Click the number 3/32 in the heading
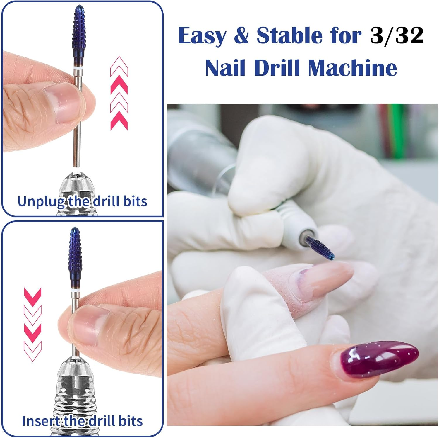click(396, 36)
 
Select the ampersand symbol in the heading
click(241, 36)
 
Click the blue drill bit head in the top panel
click(78, 31)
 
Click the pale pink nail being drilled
click(325, 279)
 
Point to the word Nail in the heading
click(226, 68)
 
